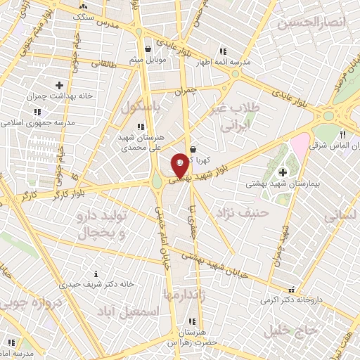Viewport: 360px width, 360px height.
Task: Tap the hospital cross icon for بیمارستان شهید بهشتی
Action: (x=283, y=172)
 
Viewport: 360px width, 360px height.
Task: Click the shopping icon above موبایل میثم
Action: (x=148, y=50)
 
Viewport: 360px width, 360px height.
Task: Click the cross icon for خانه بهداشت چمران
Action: (x=59, y=85)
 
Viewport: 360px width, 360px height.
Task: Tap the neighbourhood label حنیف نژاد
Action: (x=243, y=211)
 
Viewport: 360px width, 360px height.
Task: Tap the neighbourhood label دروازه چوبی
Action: (x=34, y=297)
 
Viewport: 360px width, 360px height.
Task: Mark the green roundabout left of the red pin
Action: (x=157, y=183)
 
